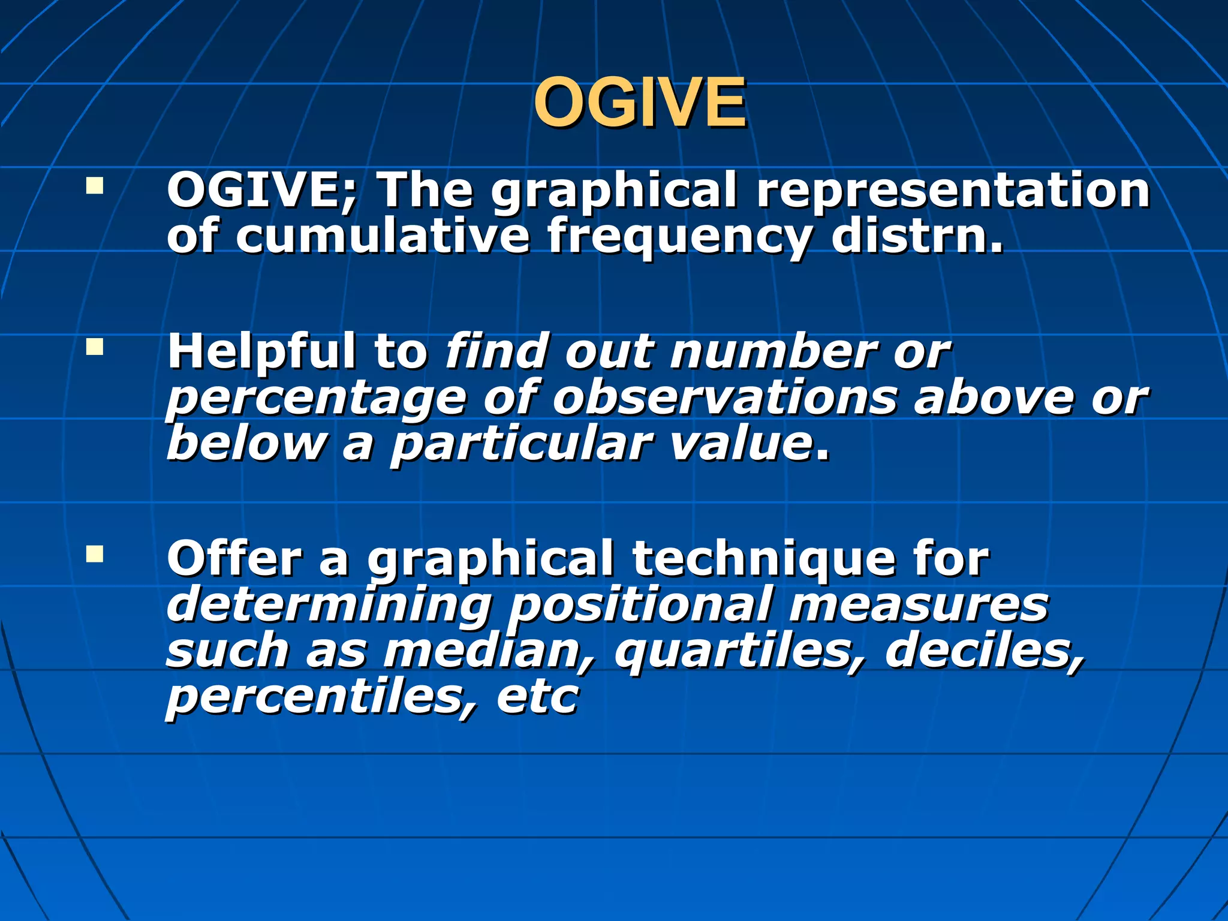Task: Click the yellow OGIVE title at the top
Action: (x=639, y=104)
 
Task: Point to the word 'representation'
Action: (x=953, y=191)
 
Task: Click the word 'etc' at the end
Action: (x=537, y=697)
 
